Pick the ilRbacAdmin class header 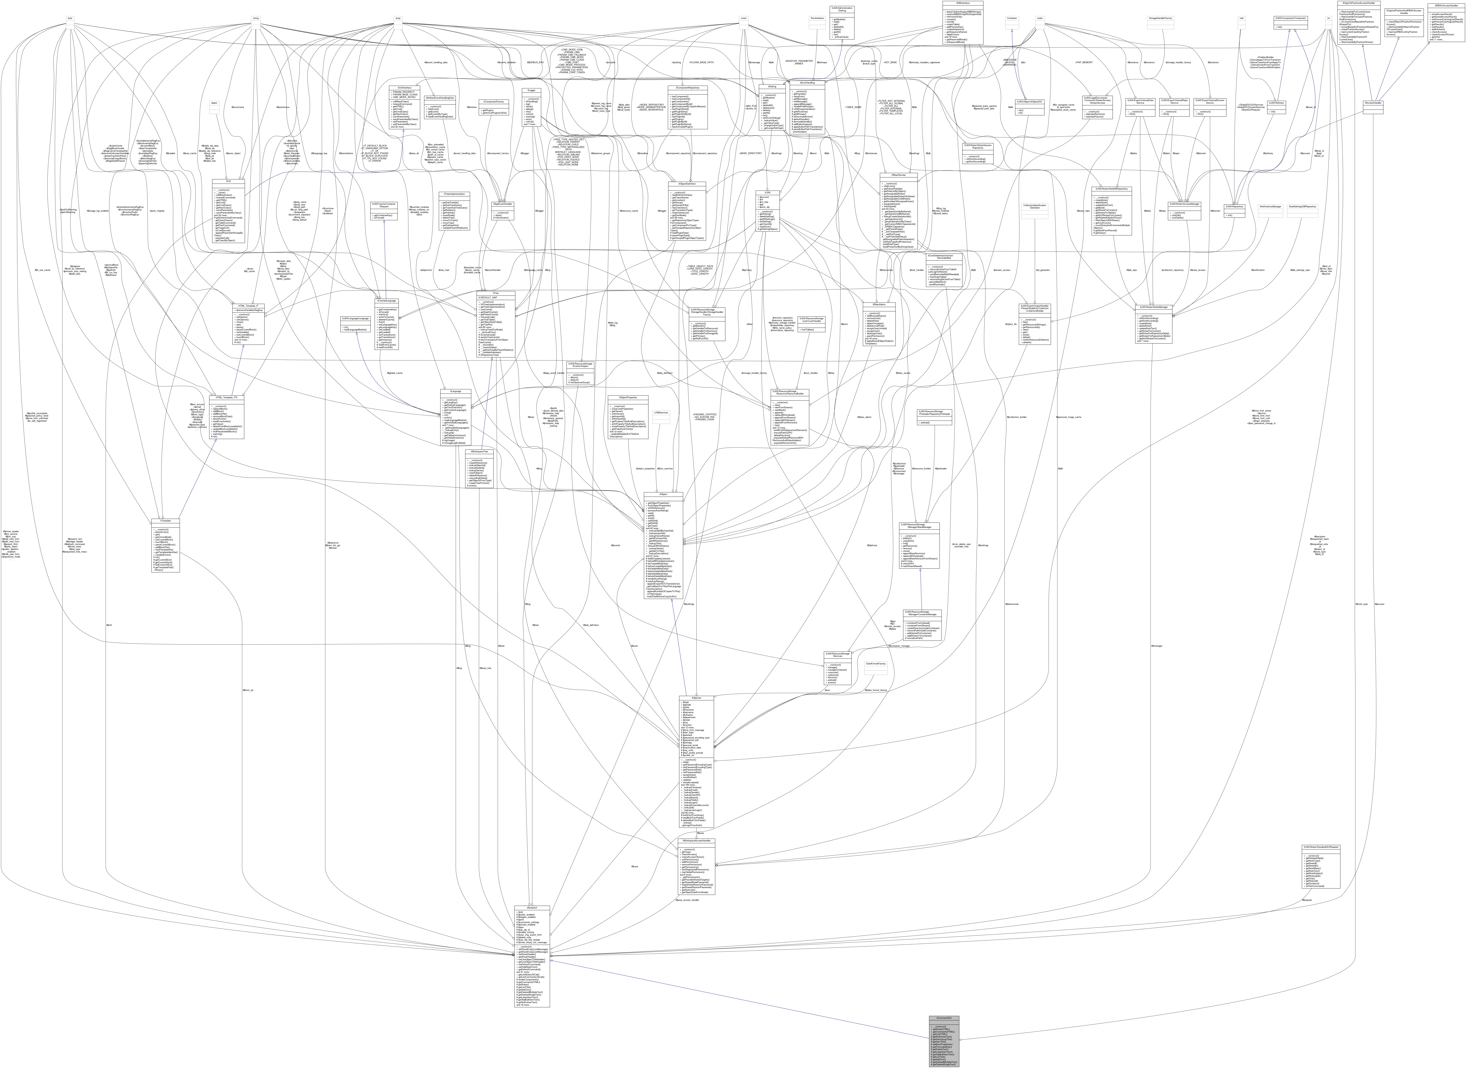(x=878, y=304)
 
